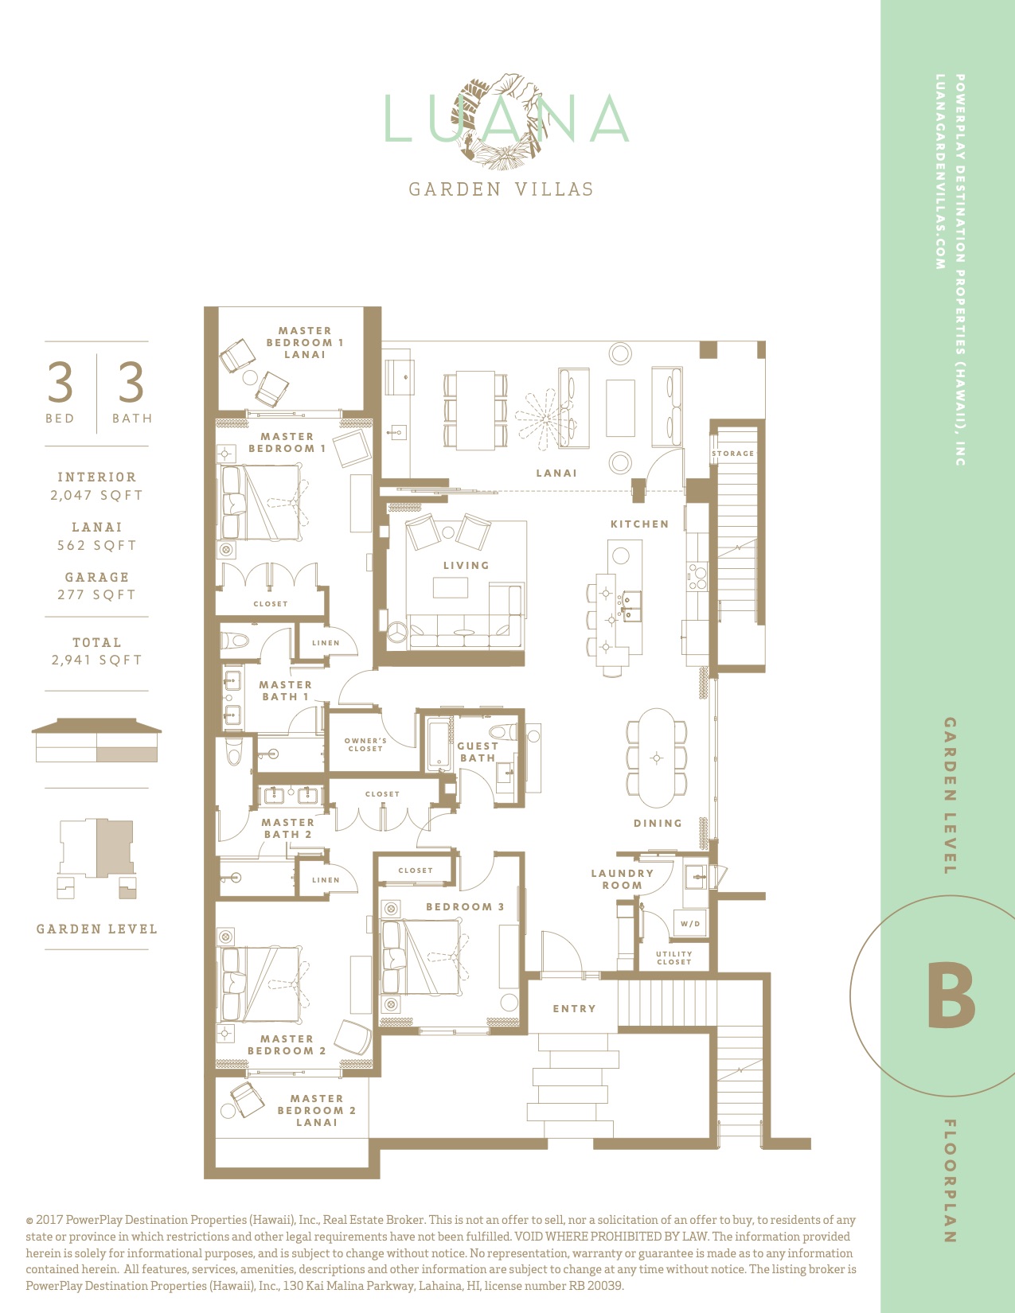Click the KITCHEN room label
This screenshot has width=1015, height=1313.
click(639, 524)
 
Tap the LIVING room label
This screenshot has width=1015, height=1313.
click(466, 566)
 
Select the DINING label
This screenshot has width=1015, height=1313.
click(658, 823)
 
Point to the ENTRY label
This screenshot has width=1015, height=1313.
click(574, 1008)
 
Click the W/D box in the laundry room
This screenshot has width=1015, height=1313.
click(690, 924)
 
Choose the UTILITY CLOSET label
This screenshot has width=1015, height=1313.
click(674, 958)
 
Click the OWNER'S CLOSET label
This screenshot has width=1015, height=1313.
click(365, 744)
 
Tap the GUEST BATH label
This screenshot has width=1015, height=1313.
click(478, 752)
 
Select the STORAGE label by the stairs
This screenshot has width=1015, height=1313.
click(732, 453)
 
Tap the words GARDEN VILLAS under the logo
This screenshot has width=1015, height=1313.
click(502, 189)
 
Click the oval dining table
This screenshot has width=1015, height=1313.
click(657, 758)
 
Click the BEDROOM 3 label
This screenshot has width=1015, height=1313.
click(465, 906)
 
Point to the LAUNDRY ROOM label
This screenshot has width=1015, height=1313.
click(622, 879)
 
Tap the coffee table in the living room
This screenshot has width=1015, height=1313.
click(451, 587)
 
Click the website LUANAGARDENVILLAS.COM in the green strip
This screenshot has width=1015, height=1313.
click(940, 172)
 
